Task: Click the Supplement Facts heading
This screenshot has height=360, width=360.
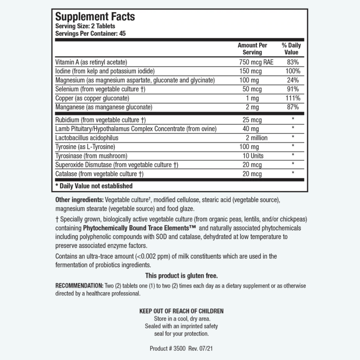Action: tap(95, 17)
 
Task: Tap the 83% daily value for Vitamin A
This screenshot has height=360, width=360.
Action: tap(293, 62)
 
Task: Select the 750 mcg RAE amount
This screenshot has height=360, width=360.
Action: tap(256, 62)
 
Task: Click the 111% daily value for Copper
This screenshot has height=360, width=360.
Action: tap(293, 98)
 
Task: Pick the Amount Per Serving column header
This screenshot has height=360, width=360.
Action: tap(252, 49)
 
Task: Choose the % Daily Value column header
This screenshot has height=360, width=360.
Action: tap(291, 49)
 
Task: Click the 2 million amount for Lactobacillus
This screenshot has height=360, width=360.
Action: tap(257, 138)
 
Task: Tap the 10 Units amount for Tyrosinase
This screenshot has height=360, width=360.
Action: tap(253, 156)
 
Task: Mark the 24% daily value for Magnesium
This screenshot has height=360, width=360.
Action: tap(293, 80)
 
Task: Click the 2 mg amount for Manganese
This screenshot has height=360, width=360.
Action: tap(252, 107)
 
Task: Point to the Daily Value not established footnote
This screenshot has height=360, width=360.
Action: tap(94, 186)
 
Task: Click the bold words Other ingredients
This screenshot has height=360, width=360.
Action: tap(79, 200)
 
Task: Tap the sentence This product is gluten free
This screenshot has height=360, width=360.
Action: tap(181, 276)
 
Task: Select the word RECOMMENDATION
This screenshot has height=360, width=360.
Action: tap(79, 286)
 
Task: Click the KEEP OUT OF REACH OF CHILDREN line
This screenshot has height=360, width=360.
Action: tap(181, 311)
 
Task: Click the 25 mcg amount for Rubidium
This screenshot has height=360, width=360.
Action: tap(252, 120)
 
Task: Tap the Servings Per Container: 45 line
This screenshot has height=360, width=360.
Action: tap(90, 33)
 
